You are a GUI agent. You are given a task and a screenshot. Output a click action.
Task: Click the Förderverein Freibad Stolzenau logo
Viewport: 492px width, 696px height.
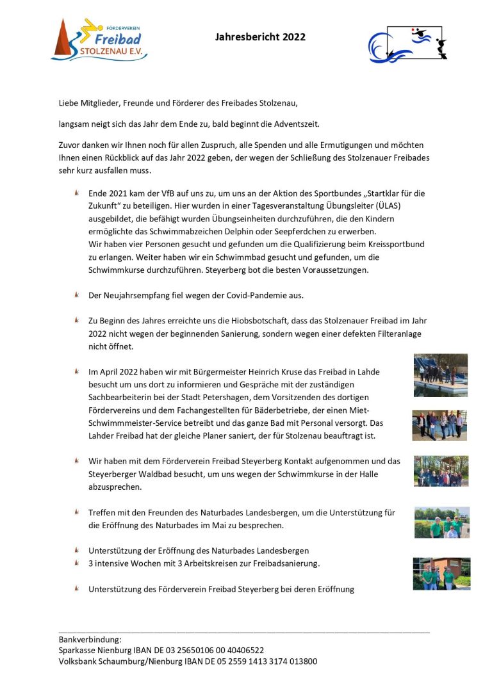99,39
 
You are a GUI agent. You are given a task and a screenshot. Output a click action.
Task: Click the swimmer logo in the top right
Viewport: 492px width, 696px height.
407,44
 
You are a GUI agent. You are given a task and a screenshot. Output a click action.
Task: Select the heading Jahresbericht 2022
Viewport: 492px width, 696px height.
260,37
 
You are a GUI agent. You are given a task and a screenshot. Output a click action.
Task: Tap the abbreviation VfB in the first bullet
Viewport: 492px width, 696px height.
168,193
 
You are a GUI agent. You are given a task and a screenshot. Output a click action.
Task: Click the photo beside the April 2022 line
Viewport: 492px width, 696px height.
440,375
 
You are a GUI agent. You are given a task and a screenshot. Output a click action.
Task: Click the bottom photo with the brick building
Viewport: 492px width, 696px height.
441,573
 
